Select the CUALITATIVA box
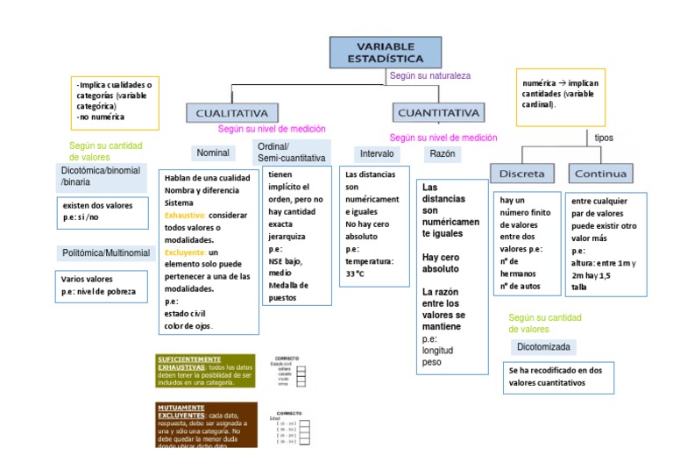(231, 113)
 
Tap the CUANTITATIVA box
(439, 113)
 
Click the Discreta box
(522, 173)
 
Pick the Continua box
(600, 173)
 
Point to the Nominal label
(213, 153)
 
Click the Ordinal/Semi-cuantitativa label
(291, 152)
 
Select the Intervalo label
(377, 153)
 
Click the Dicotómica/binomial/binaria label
(101, 175)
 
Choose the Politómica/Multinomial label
(105, 253)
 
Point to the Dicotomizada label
(543, 347)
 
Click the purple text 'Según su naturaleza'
(429, 75)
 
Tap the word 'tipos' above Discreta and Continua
(605, 138)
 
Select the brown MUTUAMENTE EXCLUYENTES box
(205, 424)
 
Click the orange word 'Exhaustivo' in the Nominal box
(185, 215)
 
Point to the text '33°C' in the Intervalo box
(356, 274)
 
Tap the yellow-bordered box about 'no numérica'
(115, 103)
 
